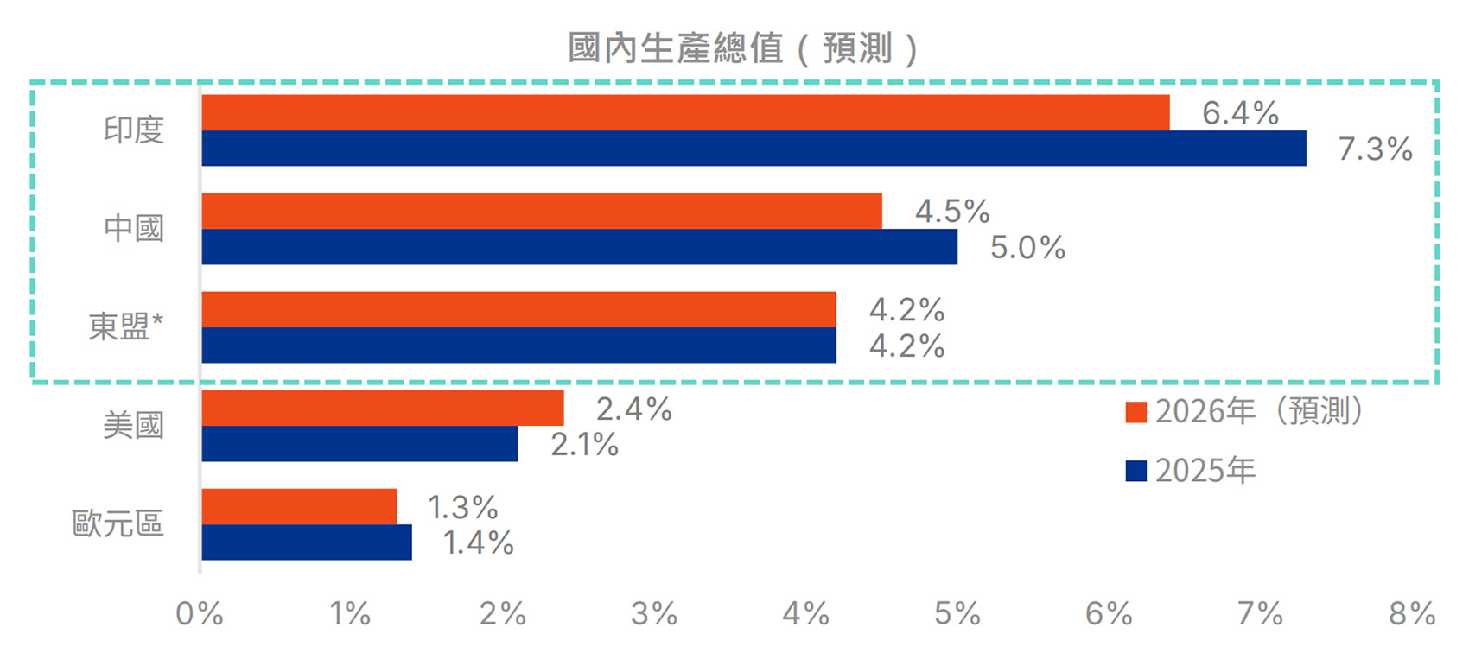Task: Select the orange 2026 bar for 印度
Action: (685, 112)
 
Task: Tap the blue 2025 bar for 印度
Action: (754, 149)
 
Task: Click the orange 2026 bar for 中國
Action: (542, 211)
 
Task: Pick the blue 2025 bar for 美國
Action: (359, 444)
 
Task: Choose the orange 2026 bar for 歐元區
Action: (299, 506)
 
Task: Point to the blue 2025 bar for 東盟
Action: (518, 346)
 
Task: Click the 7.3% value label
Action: (1375, 149)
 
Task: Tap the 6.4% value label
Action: (1240, 113)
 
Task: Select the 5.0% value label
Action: (1027, 248)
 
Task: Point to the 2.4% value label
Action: (633, 409)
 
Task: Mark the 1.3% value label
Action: (463, 507)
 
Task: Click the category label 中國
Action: (134, 229)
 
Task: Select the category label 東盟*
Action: (126, 327)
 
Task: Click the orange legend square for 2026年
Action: (1135, 412)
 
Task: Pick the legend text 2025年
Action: (1205, 471)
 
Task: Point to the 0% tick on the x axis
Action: (200, 614)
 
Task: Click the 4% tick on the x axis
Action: (805, 614)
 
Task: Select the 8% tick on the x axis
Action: (1411, 614)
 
